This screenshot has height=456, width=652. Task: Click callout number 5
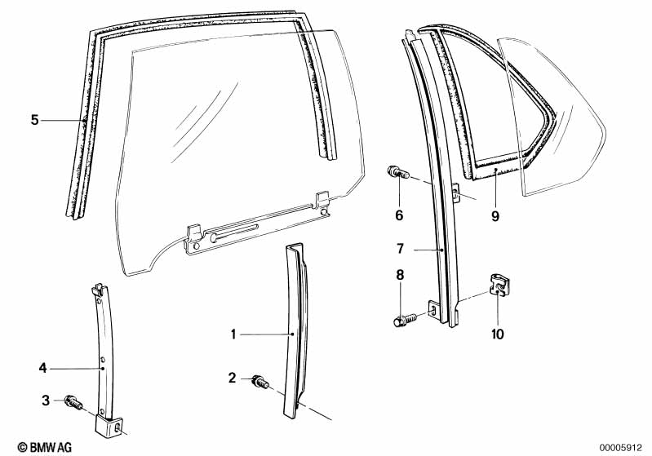34,121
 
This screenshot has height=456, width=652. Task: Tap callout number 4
43,369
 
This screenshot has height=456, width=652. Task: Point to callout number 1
233,334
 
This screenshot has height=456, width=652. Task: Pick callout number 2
233,378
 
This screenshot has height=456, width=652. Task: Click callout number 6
399,215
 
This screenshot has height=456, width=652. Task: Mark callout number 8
399,277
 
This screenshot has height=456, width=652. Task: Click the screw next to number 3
72,401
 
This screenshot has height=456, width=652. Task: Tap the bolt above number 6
397,173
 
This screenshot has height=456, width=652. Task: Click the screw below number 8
403,320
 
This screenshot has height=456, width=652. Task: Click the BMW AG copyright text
29,446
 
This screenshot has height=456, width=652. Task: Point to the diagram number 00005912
622,446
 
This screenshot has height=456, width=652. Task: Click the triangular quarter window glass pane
563,122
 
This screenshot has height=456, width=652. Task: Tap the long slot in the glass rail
235,232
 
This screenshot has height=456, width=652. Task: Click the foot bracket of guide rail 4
110,427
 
